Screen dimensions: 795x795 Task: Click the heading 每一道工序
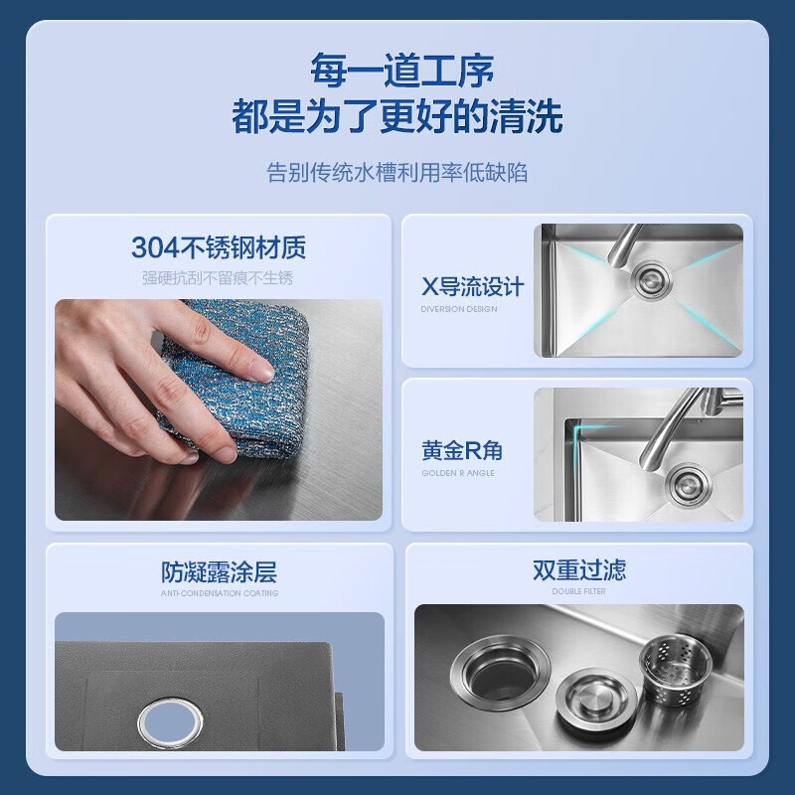pyautogui.click(x=397, y=72)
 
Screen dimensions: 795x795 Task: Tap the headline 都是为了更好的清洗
pyautogui.click(x=397, y=117)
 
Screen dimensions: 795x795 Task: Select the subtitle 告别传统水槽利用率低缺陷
pyautogui.click(x=397, y=172)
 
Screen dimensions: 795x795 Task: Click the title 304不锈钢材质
pyautogui.click(x=218, y=245)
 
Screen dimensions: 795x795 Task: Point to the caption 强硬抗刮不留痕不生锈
pyautogui.click(x=218, y=277)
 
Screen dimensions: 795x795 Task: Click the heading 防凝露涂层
pyautogui.click(x=219, y=571)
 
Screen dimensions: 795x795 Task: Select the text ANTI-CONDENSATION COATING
pyautogui.click(x=219, y=593)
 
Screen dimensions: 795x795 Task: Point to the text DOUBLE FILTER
pyautogui.click(x=578, y=591)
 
